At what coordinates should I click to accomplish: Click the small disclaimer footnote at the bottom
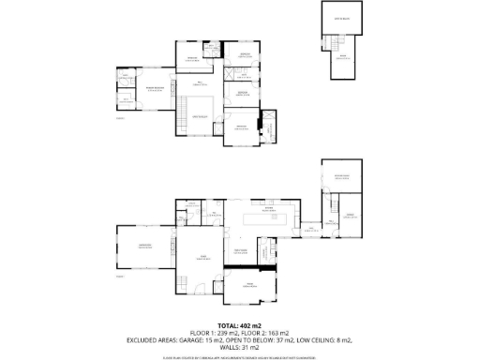[x=239, y=355]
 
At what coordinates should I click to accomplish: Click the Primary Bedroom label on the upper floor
[x=155, y=90]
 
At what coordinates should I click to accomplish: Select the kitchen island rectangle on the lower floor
[x=262, y=221]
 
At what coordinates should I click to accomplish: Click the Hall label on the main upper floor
[x=199, y=83]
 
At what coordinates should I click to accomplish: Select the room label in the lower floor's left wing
[x=145, y=246]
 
